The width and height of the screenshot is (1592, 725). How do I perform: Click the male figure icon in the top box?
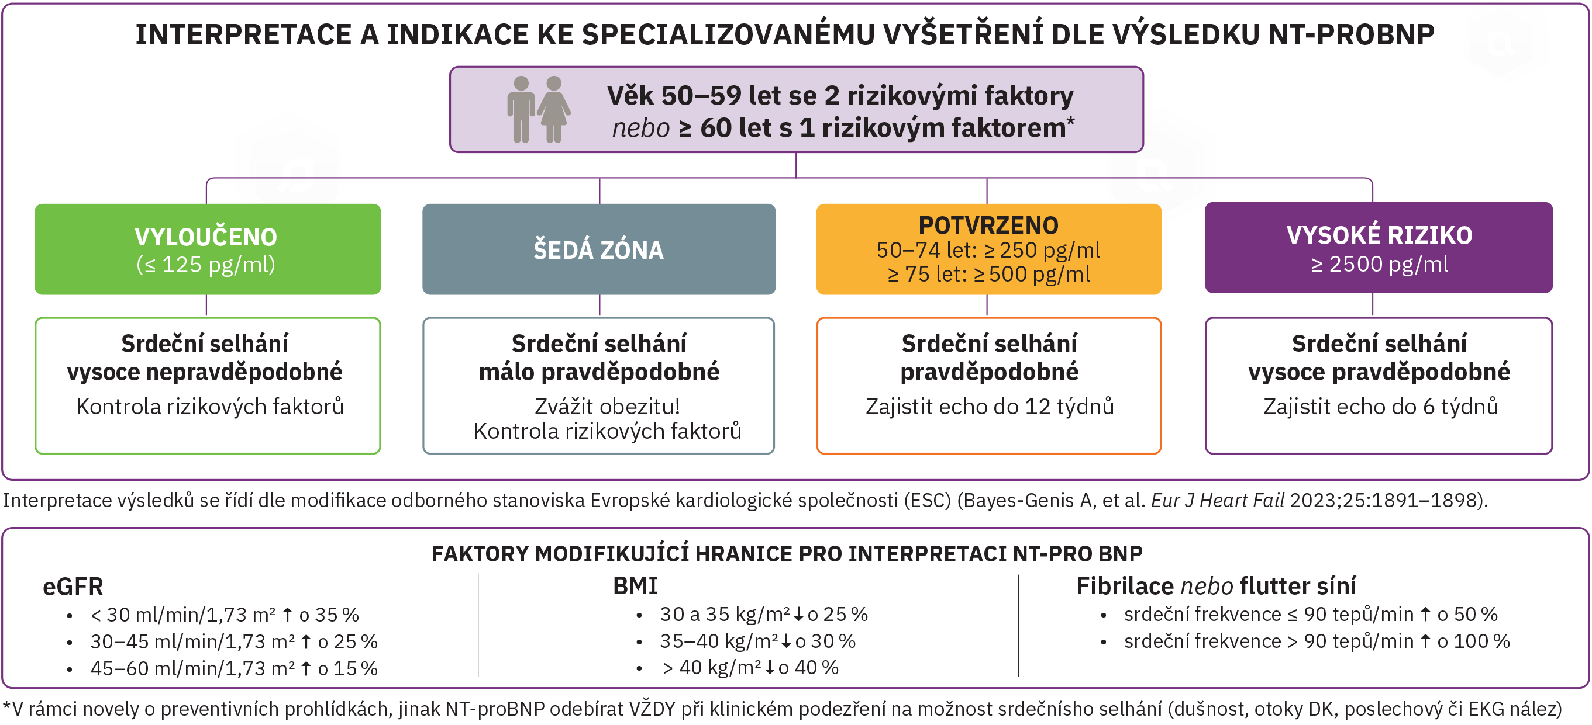point(521,109)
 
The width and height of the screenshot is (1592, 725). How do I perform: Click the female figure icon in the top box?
point(554,109)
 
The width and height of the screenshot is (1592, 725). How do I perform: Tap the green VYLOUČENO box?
point(208,249)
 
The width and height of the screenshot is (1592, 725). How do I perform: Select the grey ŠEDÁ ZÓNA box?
point(599,249)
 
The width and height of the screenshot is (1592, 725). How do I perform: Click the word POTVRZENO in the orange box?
point(988,226)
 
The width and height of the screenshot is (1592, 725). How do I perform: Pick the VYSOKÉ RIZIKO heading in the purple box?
point(1380,235)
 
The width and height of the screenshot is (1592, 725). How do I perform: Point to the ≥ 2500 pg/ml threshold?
point(1380,264)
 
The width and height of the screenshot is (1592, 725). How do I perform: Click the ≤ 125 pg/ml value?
point(206,264)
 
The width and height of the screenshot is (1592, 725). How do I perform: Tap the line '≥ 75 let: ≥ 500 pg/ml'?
point(989,274)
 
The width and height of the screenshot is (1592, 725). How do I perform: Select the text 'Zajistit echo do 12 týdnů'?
point(990,407)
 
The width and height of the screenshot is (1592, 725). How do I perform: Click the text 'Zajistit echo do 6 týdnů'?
point(1381,407)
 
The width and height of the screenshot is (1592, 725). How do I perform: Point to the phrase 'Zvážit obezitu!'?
point(607,407)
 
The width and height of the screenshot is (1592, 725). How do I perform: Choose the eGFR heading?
point(73,586)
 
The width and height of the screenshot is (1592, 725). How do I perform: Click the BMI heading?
point(635,585)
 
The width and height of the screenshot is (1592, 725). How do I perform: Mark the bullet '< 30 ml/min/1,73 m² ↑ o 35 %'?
point(225,615)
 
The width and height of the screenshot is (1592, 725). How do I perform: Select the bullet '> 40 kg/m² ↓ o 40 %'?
point(750,668)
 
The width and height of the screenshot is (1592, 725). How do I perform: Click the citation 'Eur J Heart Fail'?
point(1218,500)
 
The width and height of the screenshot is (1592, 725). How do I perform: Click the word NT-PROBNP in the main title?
point(1352,34)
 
